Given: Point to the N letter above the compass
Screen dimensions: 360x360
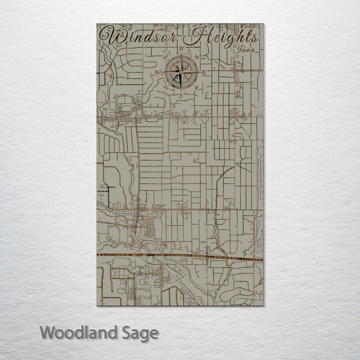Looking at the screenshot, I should pyautogui.click(x=182, y=49).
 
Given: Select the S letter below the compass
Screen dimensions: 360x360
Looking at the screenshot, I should pyautogui.click(x=180, y=95).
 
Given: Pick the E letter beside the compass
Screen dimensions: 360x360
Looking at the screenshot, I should pyautogui.click(x=204, y=72).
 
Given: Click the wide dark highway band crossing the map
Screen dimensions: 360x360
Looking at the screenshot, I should pyautogui.click(x=180, y=256).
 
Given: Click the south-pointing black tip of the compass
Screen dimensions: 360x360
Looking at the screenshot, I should pyautogui.click(x=181, y=88).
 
